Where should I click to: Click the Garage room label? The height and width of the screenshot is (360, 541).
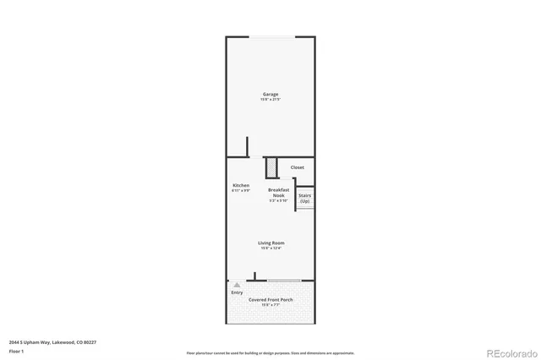click(270, 94)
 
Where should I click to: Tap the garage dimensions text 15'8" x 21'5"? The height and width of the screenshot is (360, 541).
click(270, 100)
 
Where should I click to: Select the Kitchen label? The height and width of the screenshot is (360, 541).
click(241, 185)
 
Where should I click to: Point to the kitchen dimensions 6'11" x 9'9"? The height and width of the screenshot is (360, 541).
click(241, 191)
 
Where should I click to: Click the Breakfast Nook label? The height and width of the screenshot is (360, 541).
click(279, 192)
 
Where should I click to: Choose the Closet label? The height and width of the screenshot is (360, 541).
click(298, 167)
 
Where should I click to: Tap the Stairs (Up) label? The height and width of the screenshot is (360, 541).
click(304, 198)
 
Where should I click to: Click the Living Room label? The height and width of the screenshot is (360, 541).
click(270, 243)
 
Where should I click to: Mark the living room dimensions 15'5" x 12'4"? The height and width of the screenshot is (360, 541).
click(270, 248)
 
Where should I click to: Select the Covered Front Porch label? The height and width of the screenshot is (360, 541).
click(270, 299)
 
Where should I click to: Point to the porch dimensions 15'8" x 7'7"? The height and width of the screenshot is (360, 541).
click(270, 305)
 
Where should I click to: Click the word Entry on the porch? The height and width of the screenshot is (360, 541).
click(237, 292)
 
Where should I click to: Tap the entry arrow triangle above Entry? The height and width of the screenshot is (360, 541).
click(237, 286)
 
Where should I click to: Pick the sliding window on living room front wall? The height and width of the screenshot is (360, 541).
click(284, 280)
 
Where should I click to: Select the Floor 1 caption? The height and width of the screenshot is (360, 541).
click(16, 351)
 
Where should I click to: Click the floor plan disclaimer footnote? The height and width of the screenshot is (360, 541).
click(270, 353)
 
